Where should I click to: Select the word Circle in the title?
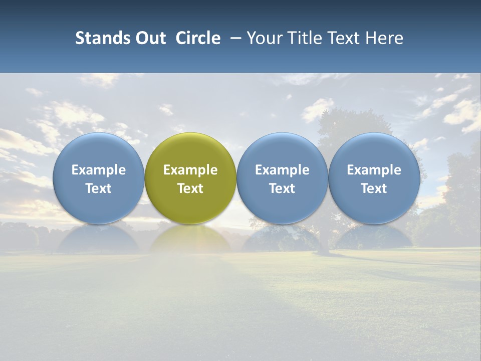point(198,38)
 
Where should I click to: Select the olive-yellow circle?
point(190,150)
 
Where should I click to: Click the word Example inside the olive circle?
point(190,170)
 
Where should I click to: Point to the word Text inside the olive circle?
point(190,189)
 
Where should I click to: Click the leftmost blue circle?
point(99,150)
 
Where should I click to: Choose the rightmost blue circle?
point(374,150)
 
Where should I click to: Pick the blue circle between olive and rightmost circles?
point(282,150)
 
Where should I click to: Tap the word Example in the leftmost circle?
point(99,170)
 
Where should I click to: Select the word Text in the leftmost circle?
point(99,189)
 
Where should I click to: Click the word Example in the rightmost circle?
point(374,170)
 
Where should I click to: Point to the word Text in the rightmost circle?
point(374,189)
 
